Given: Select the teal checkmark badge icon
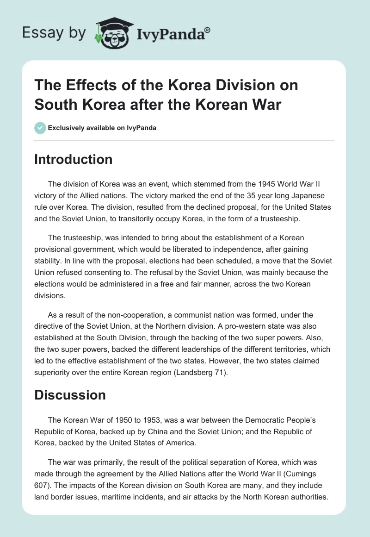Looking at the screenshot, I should point(40,128).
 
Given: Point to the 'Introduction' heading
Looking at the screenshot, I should point(74,159).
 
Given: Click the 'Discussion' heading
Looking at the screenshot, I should point(70,395).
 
